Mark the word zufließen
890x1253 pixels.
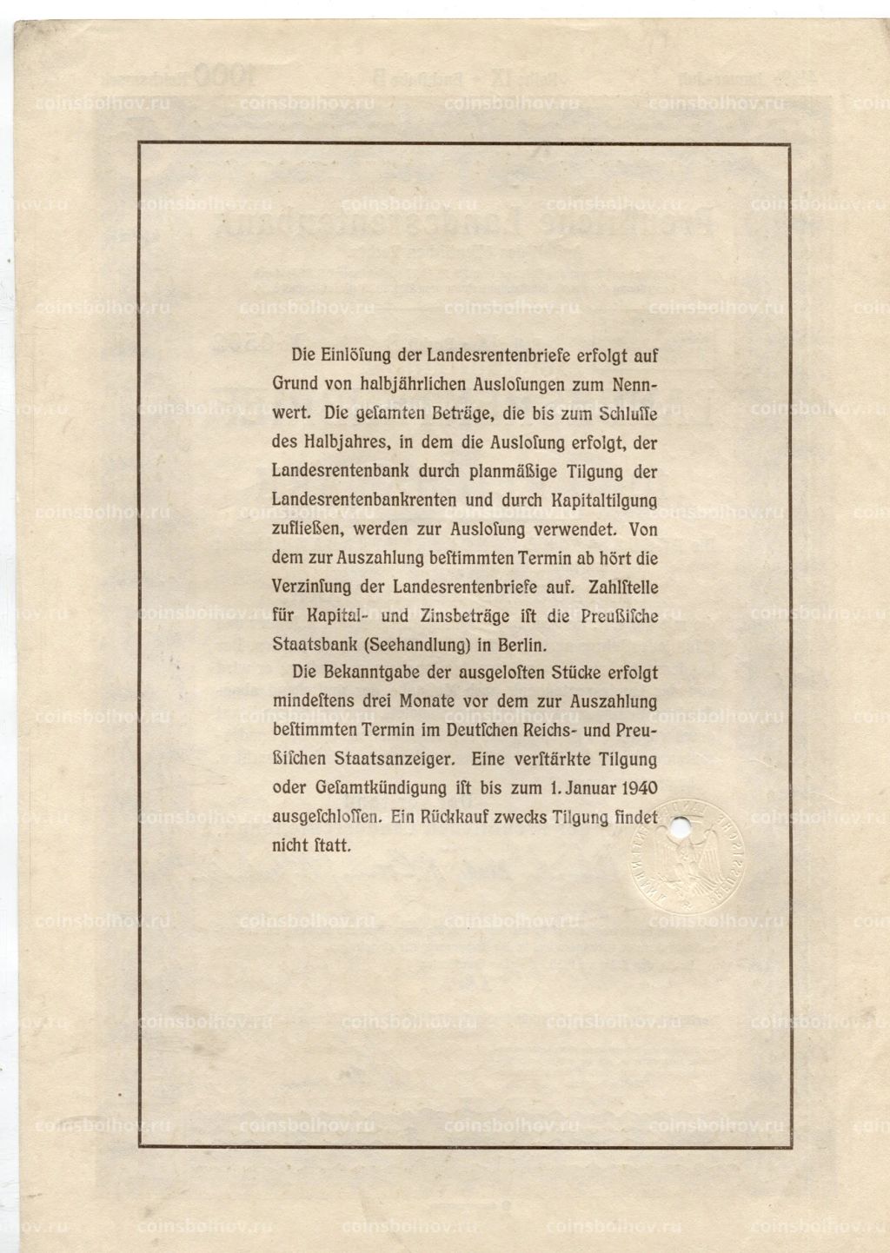point(308,529)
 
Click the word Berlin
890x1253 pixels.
point(518,645)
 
